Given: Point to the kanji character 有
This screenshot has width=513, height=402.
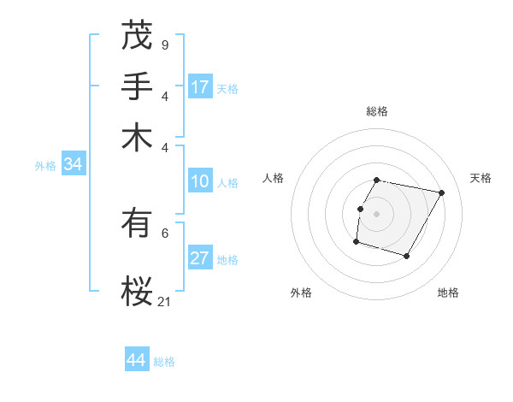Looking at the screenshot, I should pos(137,224).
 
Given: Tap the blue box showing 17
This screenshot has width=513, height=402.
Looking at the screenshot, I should pos(200,87).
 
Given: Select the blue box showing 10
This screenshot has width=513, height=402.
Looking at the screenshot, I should pos(200,181).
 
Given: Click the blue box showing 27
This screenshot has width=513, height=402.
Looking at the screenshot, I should pos(200,259).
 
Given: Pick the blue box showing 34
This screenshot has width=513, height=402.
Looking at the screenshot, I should pos(73,165).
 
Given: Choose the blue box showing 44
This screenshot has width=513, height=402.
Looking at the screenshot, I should pos(137,360).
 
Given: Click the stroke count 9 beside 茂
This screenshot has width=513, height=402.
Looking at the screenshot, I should pos(164,44).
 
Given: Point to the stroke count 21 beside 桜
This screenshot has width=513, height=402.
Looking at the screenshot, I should pos(164,301).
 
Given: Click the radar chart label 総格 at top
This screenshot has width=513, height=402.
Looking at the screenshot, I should pos(377,111).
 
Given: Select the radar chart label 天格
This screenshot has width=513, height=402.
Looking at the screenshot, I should pos(481,178).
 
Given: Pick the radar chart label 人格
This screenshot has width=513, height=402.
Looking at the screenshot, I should pos(274,178).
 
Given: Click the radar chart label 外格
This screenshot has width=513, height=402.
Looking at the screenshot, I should pos(301,293).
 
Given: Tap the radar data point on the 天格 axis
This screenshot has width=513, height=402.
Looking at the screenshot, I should pos(441,192).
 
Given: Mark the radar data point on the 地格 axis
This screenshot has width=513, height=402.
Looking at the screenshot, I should pos(407,256).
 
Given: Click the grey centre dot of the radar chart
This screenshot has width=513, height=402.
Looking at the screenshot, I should pos(377,213).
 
